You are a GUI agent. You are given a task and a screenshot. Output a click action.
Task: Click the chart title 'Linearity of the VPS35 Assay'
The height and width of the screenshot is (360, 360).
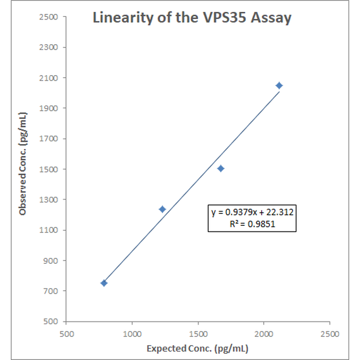pyautogui.click(x=192, y=18)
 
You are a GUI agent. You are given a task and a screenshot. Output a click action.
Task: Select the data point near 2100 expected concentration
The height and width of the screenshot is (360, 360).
pyautogui.click(x=279, y=85)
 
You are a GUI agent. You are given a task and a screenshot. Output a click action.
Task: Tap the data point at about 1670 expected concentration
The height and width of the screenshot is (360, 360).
pyautogui.click(x=221, y=168)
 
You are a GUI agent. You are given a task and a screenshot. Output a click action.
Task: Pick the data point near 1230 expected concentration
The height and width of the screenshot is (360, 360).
pyautogui.click(x=162, y=209)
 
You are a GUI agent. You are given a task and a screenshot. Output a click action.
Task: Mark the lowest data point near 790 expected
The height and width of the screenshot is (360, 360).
pyautogui.click(x=104, y=283)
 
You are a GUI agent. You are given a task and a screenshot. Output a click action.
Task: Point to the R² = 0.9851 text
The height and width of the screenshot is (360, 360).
pyautogui.click(x=252, y=224)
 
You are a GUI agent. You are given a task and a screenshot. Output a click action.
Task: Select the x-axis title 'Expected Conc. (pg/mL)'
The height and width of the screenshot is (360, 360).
pyautogui.click(x=197, y=349)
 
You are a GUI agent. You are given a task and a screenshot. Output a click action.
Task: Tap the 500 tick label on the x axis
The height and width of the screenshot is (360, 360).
pyautogui.click(x=66, y=332)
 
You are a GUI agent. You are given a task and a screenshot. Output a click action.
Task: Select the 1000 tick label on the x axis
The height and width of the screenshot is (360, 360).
pyautogui.click(x=132, y=332)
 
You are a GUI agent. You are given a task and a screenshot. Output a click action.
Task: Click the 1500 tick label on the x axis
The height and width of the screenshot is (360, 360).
pyautogui.click(x=198, y=332)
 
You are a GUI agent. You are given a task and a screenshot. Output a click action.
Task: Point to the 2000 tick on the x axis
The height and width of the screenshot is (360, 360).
pyautogui.click(x=264, y=332)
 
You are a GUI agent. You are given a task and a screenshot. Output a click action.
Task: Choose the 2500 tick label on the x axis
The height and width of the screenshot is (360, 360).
pyautogui.click(x=330, y=332)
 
